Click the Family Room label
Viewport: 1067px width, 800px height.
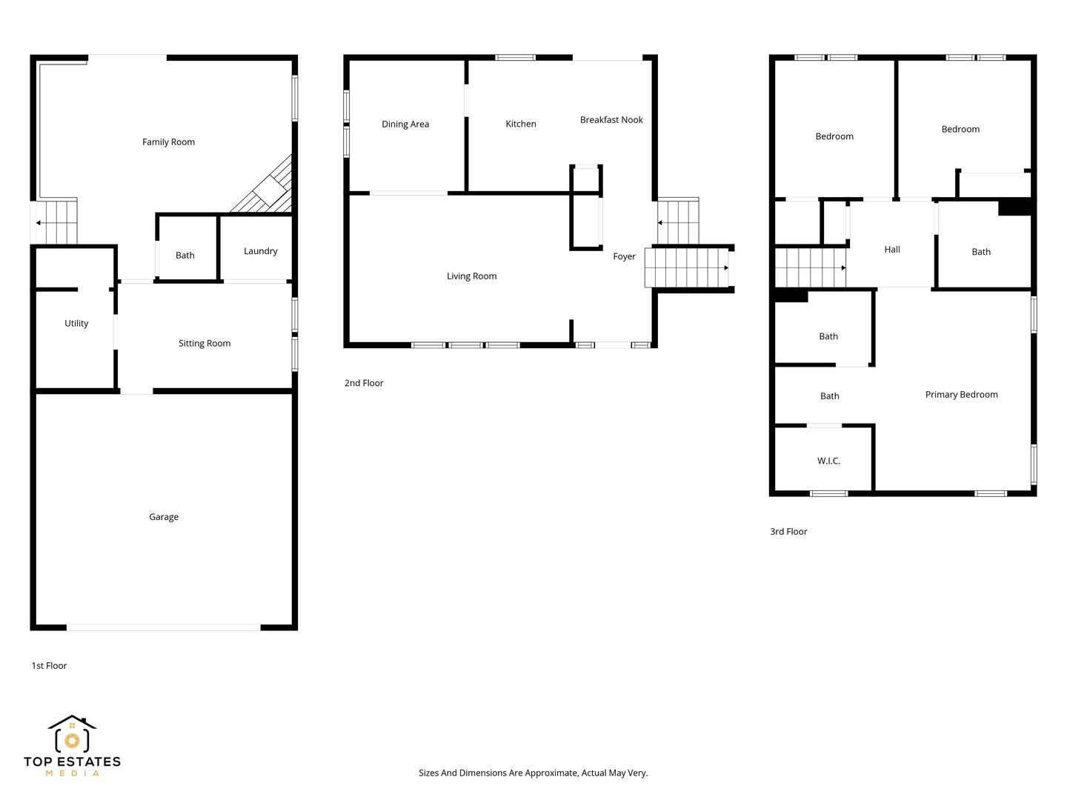168,141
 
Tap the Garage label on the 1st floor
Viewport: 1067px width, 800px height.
164,517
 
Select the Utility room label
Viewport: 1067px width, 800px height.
76,324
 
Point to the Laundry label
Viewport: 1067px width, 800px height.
261,251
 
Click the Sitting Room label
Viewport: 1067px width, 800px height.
205,344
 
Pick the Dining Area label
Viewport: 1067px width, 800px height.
405,124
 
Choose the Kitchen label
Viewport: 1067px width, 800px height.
521,124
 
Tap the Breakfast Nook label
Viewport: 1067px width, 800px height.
611,120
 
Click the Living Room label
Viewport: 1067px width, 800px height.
471,276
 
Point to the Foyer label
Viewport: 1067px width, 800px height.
624,256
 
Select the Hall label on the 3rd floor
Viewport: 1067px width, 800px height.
892,250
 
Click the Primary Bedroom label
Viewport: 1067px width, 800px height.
961,395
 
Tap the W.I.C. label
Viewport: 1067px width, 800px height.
829,461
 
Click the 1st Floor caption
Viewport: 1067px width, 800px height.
49,666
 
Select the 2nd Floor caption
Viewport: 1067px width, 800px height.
364,383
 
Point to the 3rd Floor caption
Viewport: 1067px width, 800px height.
788,532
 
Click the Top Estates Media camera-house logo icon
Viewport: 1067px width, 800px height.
72,733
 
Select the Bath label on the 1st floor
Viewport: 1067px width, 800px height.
185,256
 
